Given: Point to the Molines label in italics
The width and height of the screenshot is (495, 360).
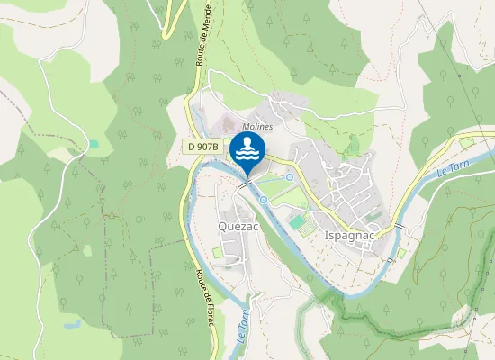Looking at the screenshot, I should (x=257, y=127).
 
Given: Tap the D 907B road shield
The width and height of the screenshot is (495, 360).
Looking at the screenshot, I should (x=205, y=146).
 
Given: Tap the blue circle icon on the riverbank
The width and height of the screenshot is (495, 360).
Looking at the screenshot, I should (x=263, y=199).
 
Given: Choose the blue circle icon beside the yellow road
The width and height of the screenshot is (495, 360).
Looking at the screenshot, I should (x=290, y=177).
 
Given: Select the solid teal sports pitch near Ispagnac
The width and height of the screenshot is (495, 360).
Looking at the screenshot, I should (x=296, y=220).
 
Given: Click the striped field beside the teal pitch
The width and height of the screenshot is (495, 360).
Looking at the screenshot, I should (x=308, y=229).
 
